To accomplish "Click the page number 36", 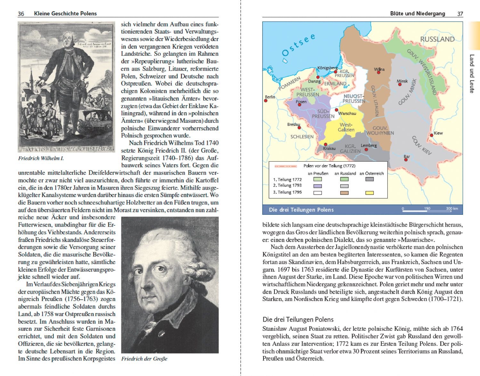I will [x=21, y=13].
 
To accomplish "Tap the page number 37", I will [x=460, y=14].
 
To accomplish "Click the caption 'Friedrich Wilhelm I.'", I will [x=41, y=158].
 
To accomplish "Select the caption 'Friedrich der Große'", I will [x=144, y=359].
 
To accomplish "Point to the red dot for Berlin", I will [x=266, y=101].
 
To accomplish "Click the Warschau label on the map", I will [x=347, y=113].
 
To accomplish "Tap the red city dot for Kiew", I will [x=432, y=135].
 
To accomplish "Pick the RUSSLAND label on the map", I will [x=437, y=39].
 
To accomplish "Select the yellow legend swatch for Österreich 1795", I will [x=370, y=193].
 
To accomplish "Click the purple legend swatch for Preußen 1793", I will [x=318, y=186].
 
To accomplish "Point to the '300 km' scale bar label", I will [x=452, y=208].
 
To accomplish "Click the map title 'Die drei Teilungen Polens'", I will [x=301, y=210].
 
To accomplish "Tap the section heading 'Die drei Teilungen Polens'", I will [x=298, y=320].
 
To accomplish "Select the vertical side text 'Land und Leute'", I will [x=472, y=74].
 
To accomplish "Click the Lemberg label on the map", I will [x=369, y=145].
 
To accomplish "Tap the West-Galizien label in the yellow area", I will [x=346, y=127].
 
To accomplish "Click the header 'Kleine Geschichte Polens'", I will [x=65, y=13].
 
